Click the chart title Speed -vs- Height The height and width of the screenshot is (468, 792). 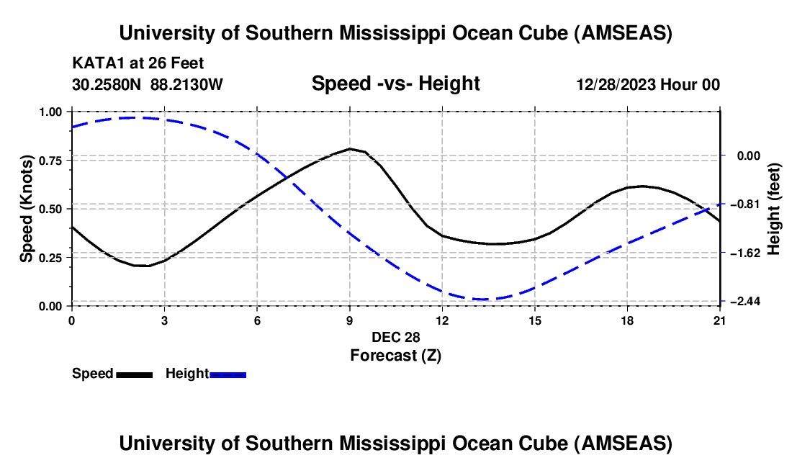pos(395,84)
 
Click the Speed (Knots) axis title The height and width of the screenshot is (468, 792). pos(26,208)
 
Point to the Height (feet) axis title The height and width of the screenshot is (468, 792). pos(774,209)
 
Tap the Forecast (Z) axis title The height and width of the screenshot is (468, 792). pos(395,355)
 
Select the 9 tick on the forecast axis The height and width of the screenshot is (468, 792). pos(350,320)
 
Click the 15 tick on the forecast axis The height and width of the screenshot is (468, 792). pos(535,320)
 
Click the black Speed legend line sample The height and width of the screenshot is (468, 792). pos(134,374)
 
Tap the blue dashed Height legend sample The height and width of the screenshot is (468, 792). pos(228,374)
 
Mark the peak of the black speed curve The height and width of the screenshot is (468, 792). pos(350,149)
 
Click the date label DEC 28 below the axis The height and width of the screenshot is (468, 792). pos(395,337)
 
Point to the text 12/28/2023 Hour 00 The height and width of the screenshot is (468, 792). pos(648,85)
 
